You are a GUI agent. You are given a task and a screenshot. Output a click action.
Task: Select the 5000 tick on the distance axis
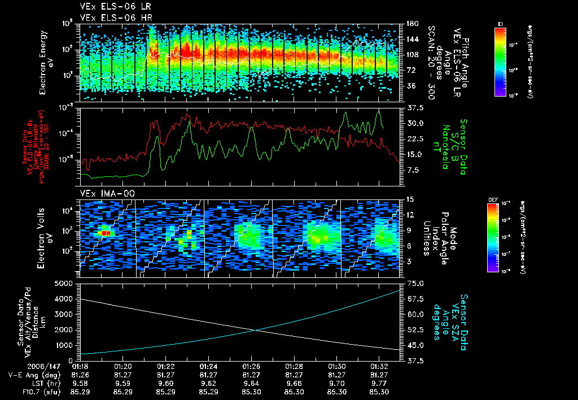point(65,283)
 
